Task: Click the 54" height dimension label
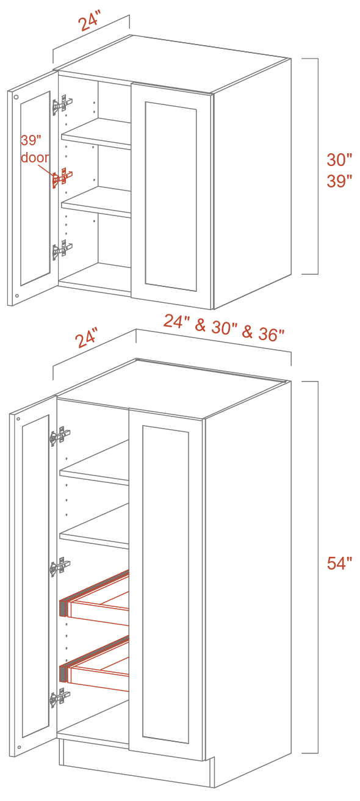click(339, 563)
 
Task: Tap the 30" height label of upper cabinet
click(339, 159)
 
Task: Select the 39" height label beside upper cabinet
click(339, 181)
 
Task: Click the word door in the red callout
click(35, 158)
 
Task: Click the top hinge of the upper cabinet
click(63, 105)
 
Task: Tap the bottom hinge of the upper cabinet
click(63, 248)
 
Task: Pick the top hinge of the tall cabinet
click(60, 436)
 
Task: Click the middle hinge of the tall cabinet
click(60, 567)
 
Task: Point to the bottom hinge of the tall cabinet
click(60, 697)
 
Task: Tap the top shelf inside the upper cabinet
click(96, 133)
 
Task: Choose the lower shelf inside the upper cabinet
click(96, 201)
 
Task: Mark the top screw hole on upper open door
click(16, 97)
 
